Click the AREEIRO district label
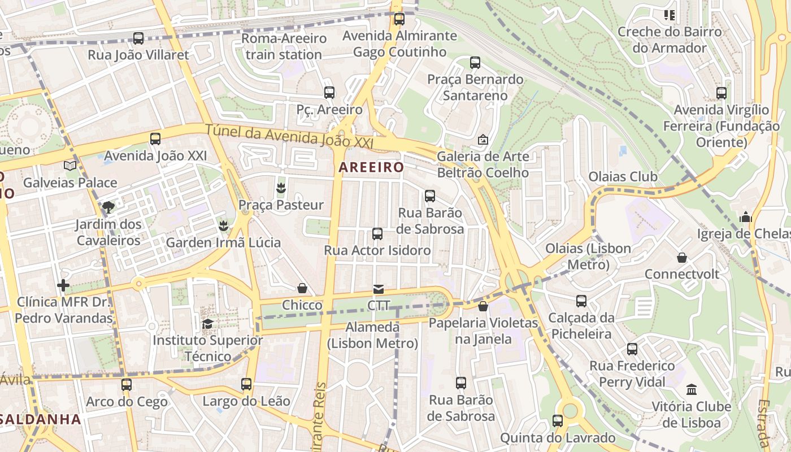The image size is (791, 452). pos(371,167)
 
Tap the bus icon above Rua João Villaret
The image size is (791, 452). pos(138,38)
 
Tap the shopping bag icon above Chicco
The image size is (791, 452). pos(302,289)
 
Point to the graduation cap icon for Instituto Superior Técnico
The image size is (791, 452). pos(207,324)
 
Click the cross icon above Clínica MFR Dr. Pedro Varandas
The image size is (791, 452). pos(63,285)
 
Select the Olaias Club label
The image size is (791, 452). pos(623,177)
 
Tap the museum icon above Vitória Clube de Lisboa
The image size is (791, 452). pos(692,389)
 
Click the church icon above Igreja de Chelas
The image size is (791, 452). pos(746,217)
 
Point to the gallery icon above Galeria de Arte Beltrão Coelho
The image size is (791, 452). pos(483,140)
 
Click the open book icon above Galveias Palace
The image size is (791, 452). pos(70,166)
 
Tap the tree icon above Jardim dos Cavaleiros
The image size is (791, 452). pos(108,207)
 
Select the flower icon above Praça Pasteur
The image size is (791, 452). pos(281,188)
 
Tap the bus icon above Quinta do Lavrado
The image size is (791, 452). pos(558,421)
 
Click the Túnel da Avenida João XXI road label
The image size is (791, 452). pos(289,137)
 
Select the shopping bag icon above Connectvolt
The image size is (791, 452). pos(682,258)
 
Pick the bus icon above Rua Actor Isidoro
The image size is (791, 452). pos(377,233)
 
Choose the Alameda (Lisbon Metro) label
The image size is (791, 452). pos(372,335)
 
